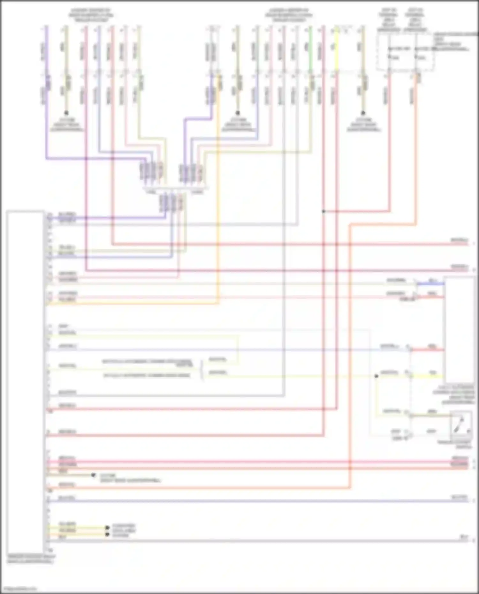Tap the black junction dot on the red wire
[x=323, y=211]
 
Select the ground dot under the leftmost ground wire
[x=66, y=113]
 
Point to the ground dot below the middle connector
[x=238, y=113]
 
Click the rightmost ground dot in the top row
[x=363, y=113]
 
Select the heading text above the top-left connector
[x=91, y=15]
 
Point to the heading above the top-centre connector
[x=288, y=15]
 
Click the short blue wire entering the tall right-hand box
[x=430, y=283]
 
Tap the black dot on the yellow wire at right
[x=376, y=376]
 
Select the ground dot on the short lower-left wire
[x=93, y=475]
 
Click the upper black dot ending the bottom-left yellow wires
[x=108, y=527]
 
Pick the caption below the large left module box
[x=31, y=559]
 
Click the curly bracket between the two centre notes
[x=202, y=369]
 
